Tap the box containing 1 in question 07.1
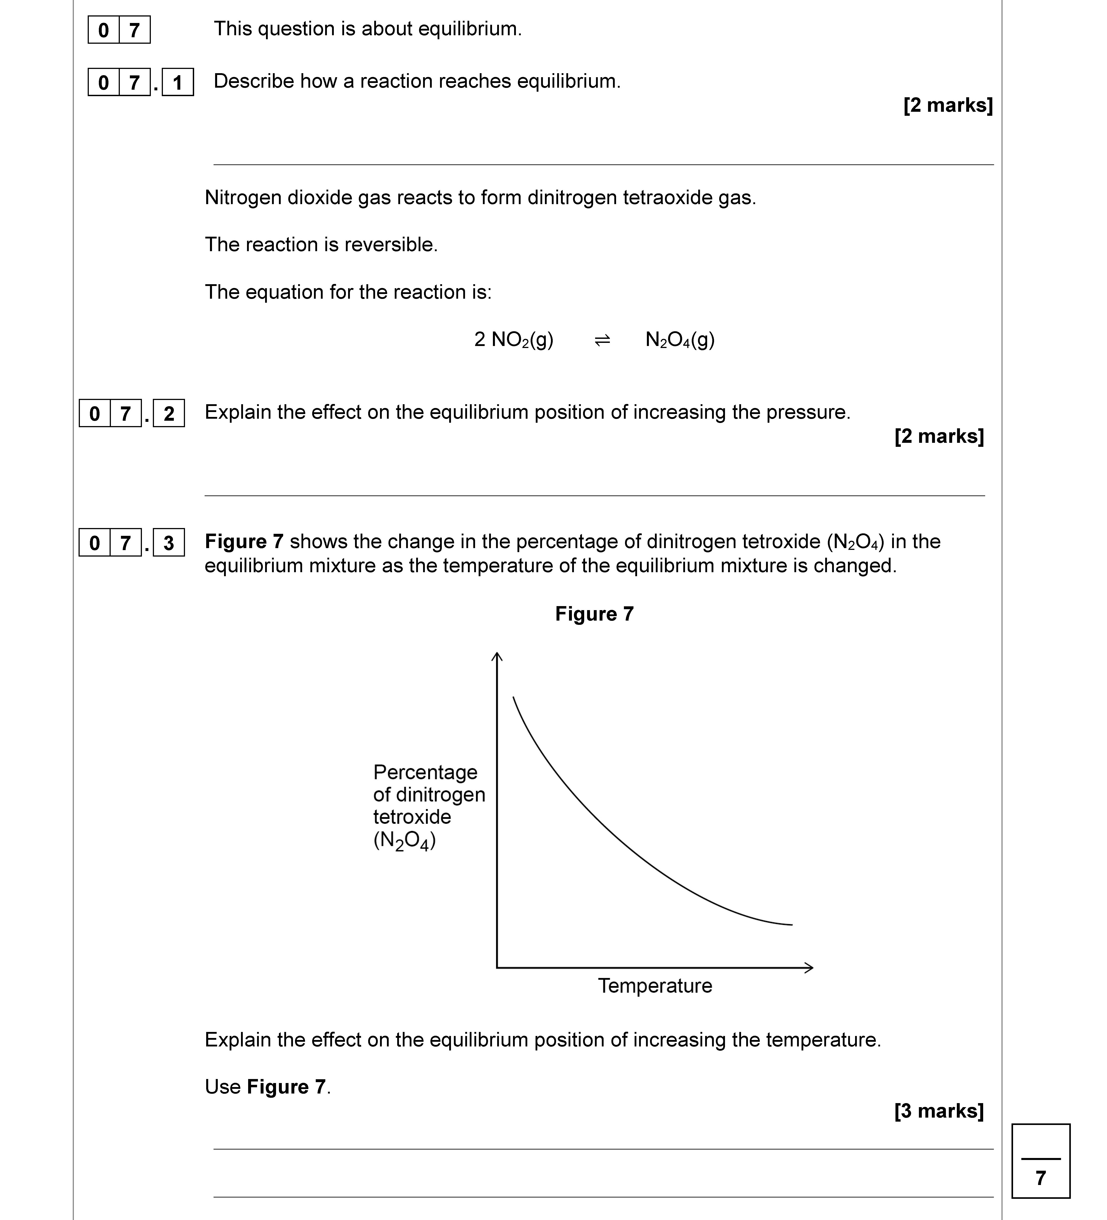click(177, 82)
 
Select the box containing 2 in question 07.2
click(169, 413)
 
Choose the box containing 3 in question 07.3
click(169, 543)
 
